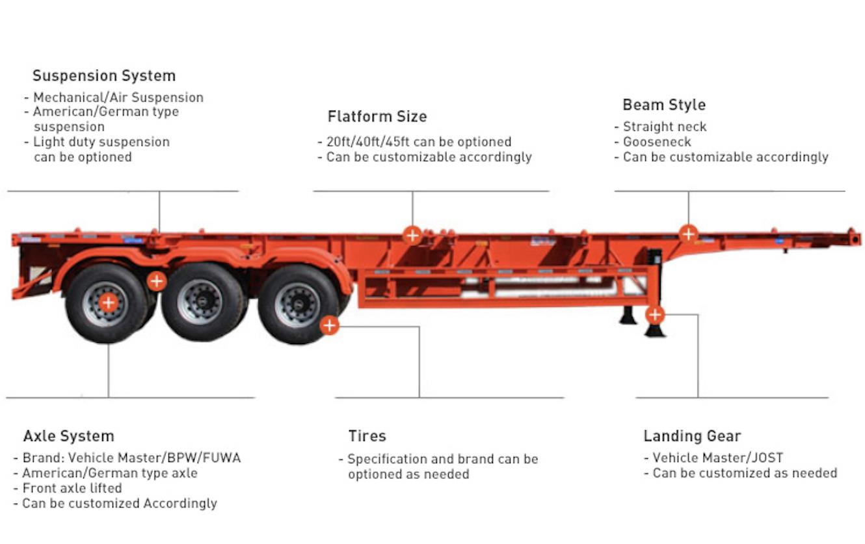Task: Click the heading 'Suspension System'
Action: coord(104,75)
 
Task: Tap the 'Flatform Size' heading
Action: coord(377,116)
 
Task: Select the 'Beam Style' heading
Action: coord(664,105)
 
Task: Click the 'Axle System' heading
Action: coord(68,436)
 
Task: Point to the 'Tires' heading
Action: coord(367,436)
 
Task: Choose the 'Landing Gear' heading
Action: coord(692,436)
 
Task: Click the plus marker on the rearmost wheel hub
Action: coord(109,303)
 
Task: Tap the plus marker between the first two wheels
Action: coord(156,281)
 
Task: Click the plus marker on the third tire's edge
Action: coord(330,325)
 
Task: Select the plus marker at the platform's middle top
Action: coord(412,234)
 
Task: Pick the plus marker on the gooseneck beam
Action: coord(688,233)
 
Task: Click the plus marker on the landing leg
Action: coord(655,316)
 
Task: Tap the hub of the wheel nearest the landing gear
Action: coord(297,304)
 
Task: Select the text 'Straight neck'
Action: coord(664,127)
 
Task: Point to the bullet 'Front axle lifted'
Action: coord(72,488)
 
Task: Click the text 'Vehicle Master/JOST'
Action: coord(717,458)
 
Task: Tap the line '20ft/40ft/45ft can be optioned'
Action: coord(418,142)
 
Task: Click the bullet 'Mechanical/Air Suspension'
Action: coord(118,98)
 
